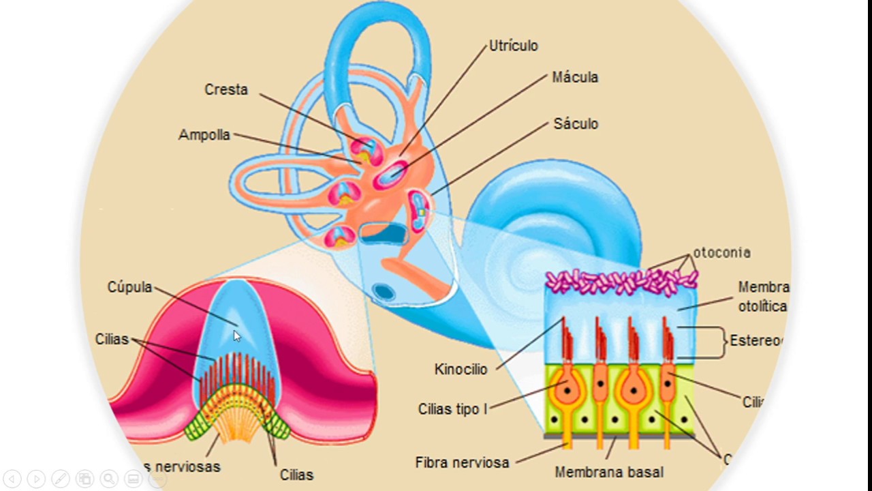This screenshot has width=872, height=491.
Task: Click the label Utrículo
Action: [x=514, y=46]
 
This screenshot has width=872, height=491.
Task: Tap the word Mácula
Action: [x=575, y=78]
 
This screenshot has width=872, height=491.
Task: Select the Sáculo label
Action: [x=576, y=124]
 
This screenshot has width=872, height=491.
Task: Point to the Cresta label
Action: [x=226, y=90]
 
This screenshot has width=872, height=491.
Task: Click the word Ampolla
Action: [x=204, y=135]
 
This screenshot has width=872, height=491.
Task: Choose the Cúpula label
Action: [x=129, y=287]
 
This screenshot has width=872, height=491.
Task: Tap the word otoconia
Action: [x=722, y=253]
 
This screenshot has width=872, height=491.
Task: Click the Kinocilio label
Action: [x=461, y=370]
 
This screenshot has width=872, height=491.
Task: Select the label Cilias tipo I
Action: [x=452, y=409]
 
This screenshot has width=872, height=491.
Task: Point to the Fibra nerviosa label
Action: [x=463, y=462]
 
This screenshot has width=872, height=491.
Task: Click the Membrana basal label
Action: [x=609, y=472]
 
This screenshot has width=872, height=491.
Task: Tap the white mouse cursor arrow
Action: [x=236, y=336]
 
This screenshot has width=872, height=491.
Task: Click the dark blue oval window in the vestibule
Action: [x=384, y=292]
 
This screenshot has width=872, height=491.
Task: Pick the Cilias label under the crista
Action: [x=296, y=475]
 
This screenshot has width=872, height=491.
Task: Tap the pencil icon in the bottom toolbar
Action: [x=60, y=479]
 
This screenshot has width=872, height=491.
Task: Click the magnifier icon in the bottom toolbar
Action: [x=109, y=479]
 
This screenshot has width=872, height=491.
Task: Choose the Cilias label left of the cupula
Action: [x=112, y=339]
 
